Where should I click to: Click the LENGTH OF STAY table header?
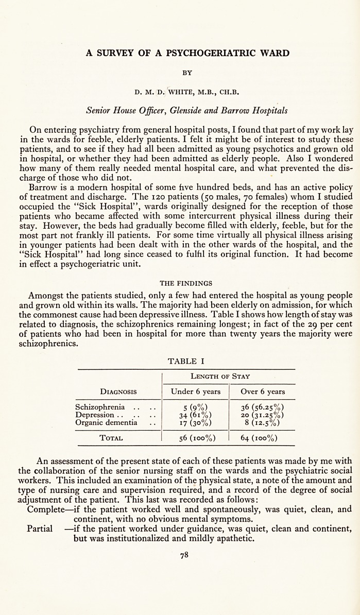click(228, 377)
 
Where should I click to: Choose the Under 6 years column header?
click(196, 391)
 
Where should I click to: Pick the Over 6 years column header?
click(263, 391)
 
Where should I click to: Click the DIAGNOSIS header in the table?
click(118, 391)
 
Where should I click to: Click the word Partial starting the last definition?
click(40, 529)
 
